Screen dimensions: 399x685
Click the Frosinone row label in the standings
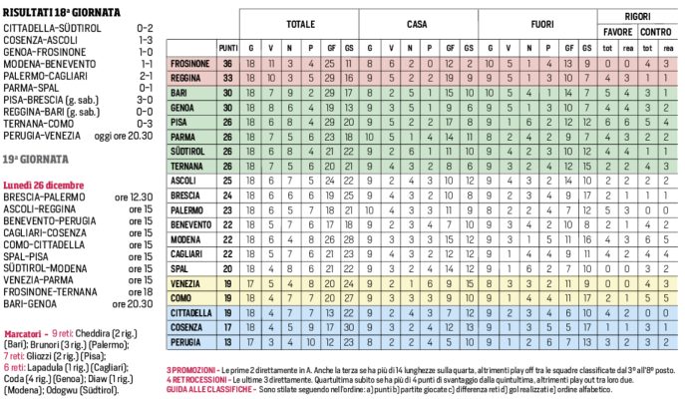(x=190, y=63)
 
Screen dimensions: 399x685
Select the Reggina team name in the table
(x=190, y=76)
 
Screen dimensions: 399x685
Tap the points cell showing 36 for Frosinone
(x=228, y=63)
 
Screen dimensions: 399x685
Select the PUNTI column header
(x=228, y=47)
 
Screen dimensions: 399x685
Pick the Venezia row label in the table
(x=190, y=282)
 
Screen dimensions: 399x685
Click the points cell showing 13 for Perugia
(x=228, y=342)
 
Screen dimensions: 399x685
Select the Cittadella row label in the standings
(x=190, y=312)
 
